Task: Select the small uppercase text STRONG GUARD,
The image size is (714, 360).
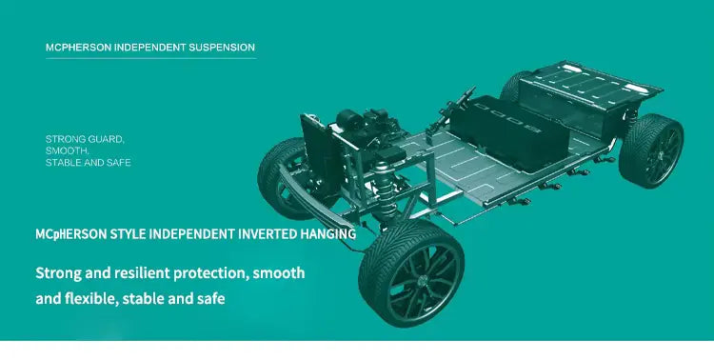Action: [x=85, y=139]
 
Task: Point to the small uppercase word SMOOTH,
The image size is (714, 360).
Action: [x=68, y=150]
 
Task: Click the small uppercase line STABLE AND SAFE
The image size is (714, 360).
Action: [x=88, y=163]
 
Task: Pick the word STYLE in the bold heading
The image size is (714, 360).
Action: [x=135, y=233]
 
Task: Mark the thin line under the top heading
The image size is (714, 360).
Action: [x=149, y=59]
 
